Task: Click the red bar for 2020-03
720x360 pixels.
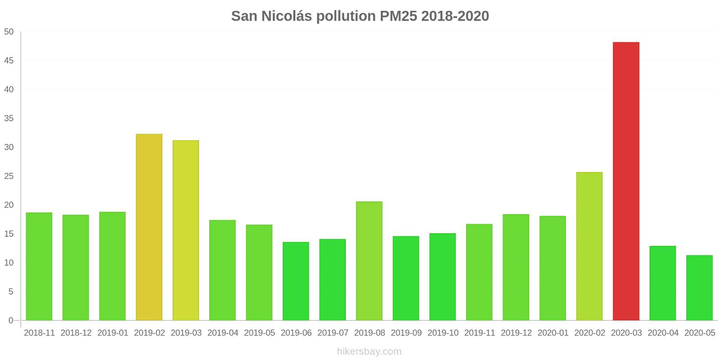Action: pos(626,181)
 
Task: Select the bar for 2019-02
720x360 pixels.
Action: pos(149,227)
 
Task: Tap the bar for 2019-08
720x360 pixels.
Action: pos(369,261)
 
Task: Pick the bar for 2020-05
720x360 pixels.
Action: pos(699,288)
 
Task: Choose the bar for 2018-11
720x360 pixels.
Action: pos(39,266)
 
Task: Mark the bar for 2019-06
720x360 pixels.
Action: pos(296,281)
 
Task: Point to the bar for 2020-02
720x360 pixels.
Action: pos(589,246)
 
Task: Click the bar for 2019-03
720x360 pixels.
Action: pos(186,230)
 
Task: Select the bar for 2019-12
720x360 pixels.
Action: pos(516,267)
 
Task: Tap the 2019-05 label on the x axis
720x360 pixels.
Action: pos(259,333)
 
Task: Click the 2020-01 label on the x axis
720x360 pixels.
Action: pos(553,333)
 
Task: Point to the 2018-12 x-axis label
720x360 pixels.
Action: pos(76,333)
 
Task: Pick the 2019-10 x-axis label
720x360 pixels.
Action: pos(443,333)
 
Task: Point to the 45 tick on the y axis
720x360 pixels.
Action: pos(9,61)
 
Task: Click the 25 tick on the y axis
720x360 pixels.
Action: pos(9,176)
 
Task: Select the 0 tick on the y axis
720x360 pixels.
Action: pos(11,320)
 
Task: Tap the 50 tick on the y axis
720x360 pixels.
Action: pos(9,32)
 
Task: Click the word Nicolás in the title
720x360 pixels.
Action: pos(287,16)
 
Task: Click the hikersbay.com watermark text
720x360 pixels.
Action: pos(369,351)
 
